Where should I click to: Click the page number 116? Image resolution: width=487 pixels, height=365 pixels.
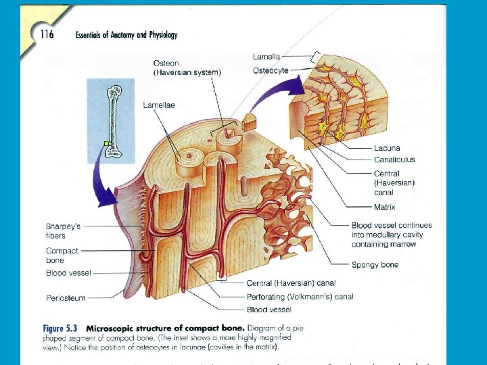(46, 34)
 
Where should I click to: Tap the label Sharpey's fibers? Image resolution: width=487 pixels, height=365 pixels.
(63, 231)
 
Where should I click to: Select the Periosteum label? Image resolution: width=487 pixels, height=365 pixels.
(66, 297)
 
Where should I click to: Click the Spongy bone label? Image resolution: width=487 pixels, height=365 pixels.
(375, 265)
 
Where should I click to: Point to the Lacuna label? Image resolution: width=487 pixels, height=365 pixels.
(387, 148)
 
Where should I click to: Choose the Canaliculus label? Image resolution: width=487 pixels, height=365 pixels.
(394, 160)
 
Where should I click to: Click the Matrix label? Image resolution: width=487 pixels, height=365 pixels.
(384, 208)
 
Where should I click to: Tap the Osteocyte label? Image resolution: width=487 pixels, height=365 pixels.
(271, 70)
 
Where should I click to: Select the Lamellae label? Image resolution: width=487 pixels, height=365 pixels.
(158, 105)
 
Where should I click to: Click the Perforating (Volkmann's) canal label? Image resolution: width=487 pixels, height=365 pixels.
(300, 297)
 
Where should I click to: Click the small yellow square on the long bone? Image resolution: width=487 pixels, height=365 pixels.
(106, 143)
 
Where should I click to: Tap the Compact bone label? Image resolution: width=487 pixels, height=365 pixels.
(62, 255)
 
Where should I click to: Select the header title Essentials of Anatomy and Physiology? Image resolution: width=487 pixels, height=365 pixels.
(126, 35)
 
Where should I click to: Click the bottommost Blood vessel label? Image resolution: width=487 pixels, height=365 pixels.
(269, 310)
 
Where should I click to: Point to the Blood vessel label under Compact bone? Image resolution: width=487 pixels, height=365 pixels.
(68, 273)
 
